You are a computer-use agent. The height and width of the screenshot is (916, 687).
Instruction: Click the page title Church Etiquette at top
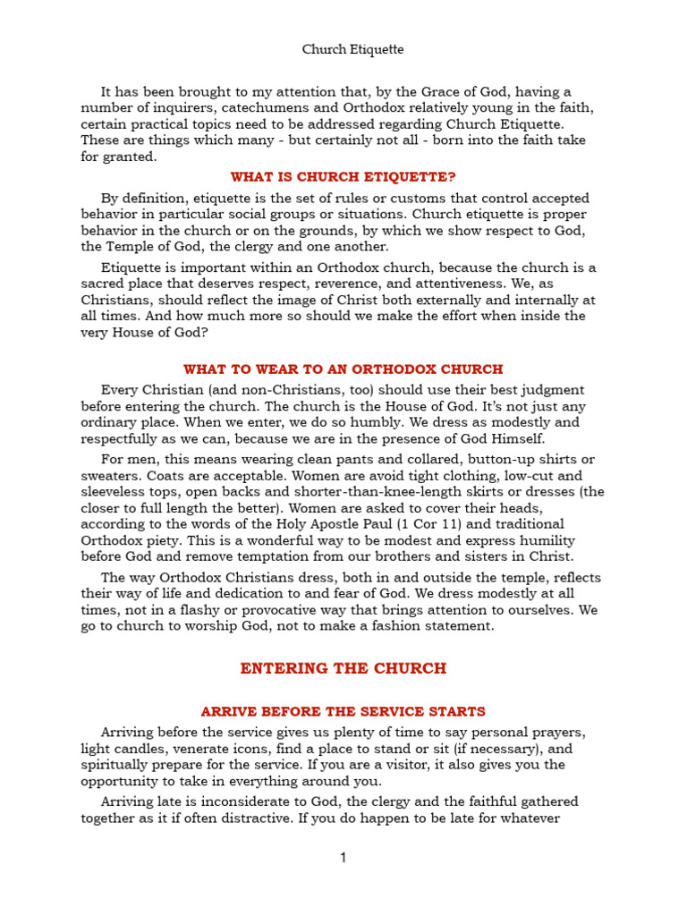pyautogui.click(x=352, y=50)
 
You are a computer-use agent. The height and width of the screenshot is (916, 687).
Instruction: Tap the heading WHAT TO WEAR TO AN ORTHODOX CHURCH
pyautogui.click(x=343, y=369)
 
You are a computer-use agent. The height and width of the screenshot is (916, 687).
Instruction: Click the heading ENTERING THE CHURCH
pyautogui.click(x=343, y=668)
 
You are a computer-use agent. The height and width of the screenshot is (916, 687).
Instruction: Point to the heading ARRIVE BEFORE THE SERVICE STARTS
pyautogui.click(x=343, y=711)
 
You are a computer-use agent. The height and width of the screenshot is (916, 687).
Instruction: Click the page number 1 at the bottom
pyautogui.click(x=343, y=858)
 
